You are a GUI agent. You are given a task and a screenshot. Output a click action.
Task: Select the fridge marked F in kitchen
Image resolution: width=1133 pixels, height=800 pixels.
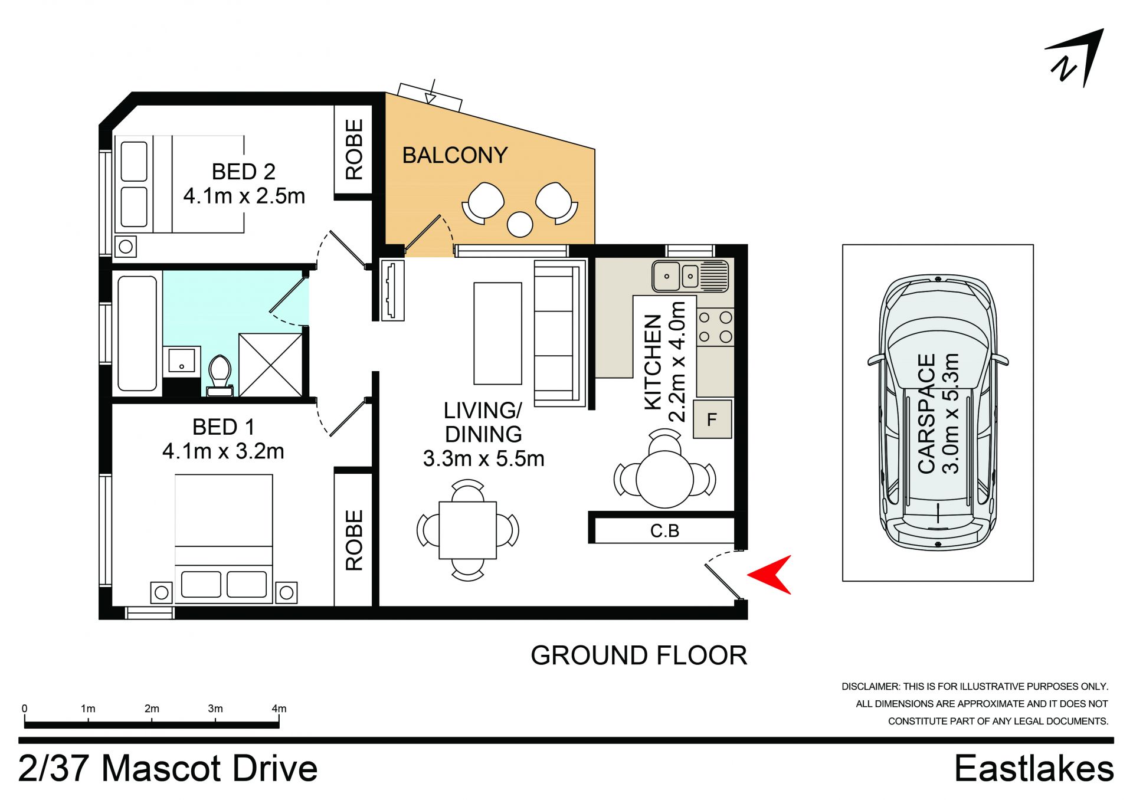[712, 419]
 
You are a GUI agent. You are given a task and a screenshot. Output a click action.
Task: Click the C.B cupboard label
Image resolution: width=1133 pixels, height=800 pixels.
[664, 531]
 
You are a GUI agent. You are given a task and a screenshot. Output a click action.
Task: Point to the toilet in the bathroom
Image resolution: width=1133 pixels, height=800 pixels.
[220, 374]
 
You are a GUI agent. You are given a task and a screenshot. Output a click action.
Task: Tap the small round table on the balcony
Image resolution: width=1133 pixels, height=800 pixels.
[520, 224]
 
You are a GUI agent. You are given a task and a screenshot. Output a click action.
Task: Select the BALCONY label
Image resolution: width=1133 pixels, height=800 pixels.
[454, 155]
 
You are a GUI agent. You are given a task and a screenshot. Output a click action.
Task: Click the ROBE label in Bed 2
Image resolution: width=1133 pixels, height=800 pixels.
[354, 150]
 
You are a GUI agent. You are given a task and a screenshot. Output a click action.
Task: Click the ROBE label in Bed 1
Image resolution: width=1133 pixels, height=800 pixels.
[354, 540]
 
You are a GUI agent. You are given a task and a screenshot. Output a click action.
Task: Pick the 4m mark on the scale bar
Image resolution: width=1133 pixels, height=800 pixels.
[279, 709]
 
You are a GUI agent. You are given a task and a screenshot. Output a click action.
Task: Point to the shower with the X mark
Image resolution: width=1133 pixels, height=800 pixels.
[270, 365]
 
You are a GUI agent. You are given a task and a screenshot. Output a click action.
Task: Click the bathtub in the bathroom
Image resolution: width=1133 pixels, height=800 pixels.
[137, 333]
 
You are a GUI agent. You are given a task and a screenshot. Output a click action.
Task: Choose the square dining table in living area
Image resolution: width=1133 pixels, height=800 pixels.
[467, 530]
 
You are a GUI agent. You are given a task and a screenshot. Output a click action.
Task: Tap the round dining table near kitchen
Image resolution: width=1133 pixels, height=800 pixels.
[664, 479]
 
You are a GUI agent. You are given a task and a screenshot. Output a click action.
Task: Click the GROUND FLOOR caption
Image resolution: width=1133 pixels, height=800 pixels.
[638, 655]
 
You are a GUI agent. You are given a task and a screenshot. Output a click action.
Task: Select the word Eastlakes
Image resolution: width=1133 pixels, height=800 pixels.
[1034, 769]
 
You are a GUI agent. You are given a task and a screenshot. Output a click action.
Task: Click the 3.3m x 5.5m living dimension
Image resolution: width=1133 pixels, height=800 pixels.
[483, 458]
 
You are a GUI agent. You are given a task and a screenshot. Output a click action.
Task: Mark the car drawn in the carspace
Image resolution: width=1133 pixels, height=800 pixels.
[938, 413]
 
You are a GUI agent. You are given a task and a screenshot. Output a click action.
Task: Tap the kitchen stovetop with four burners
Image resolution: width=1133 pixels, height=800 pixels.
[715, 327]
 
